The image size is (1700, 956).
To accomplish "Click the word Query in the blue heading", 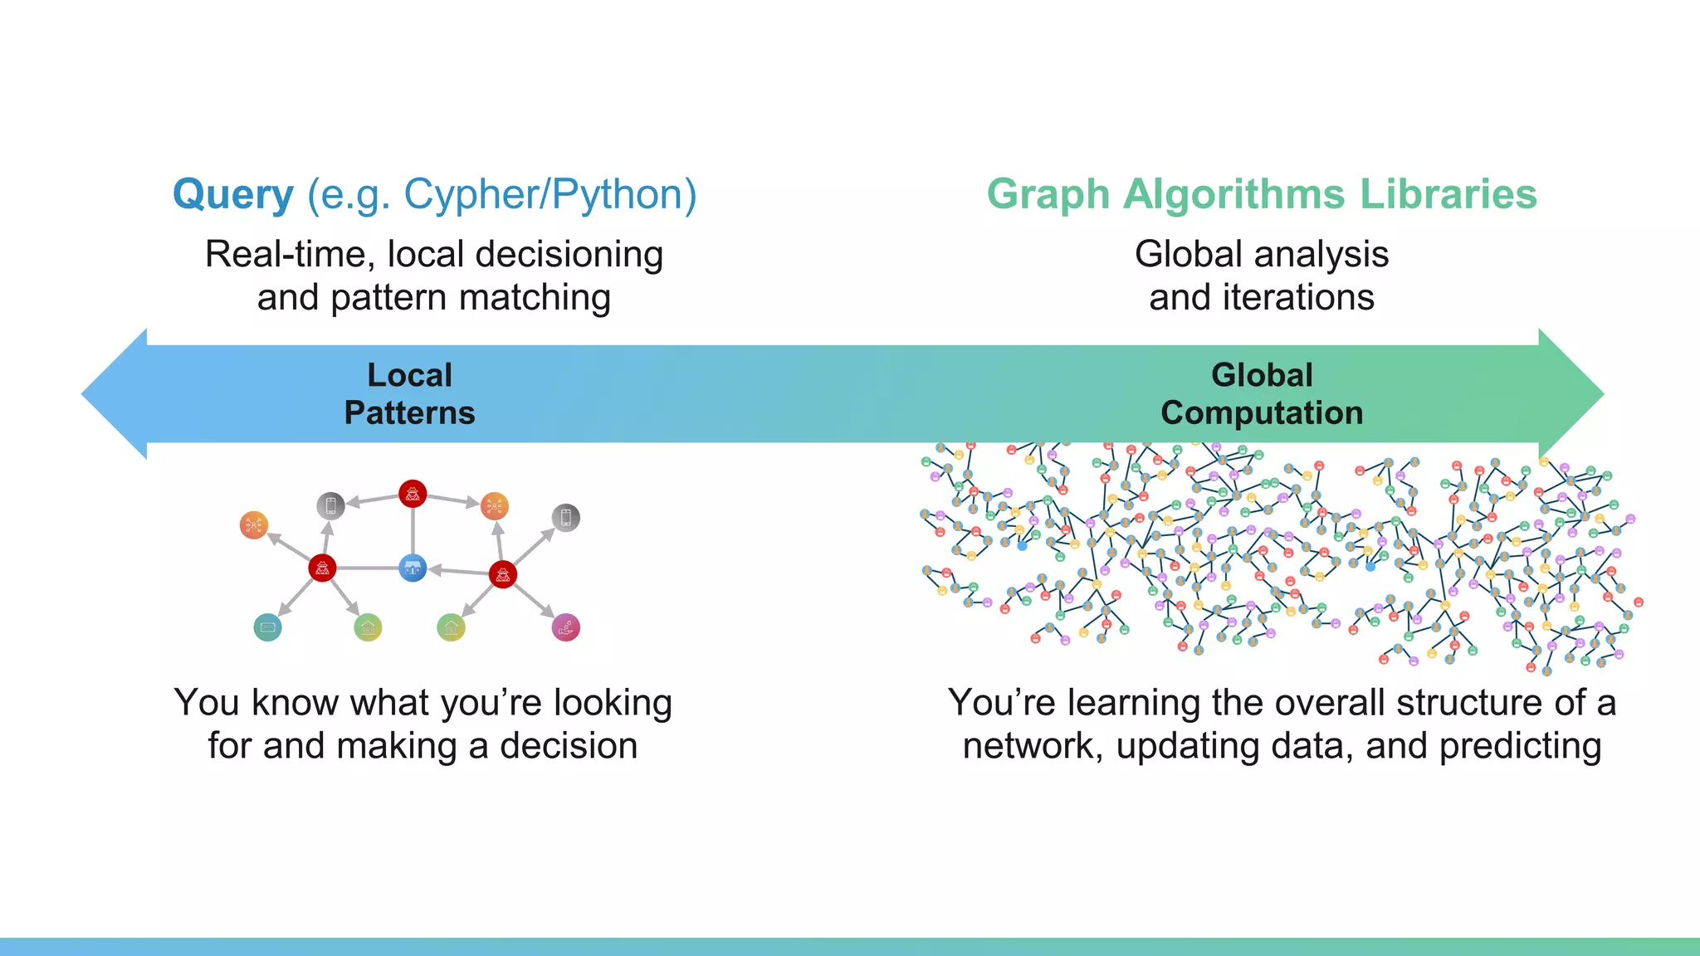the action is (x=233, y=195).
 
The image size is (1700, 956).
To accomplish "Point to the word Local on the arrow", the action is (x=409, y=375).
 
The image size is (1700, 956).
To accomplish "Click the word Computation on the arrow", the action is (x=1261, y=412).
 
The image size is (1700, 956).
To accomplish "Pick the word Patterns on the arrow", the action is (x=409, y=412).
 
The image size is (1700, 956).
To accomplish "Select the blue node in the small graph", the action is (x=413, y=568).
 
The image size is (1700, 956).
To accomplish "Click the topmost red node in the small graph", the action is (x=413, y=494).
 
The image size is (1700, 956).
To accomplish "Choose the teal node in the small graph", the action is (x=267, y=627).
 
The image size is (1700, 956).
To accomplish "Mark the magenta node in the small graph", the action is (x=565, y=627).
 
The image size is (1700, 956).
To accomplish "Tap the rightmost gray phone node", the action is (x=565, y=518).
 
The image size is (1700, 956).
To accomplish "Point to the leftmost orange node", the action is (x=253, y=524).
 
